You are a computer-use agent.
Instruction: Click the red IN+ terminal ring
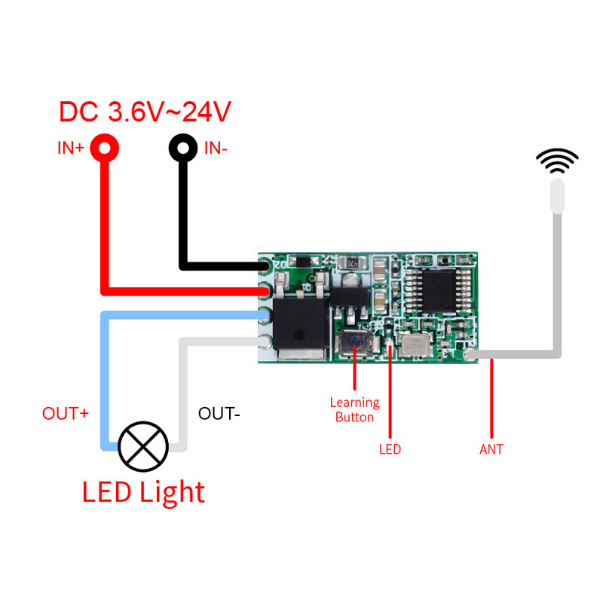coord(104,146)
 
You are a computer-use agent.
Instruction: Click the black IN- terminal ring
coord(182,146)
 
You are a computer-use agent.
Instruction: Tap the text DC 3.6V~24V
coord(145,112)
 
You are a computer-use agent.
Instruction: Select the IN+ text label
coord(71,148)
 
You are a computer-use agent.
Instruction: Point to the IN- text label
coord(216,148)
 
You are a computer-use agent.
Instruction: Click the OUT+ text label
coord(66,414)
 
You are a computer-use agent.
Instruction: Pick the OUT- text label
coord(219,414)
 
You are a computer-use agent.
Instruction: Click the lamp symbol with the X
coord(143,446)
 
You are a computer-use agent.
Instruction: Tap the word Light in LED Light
coord(172,492)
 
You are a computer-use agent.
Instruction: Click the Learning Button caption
coord(354,410)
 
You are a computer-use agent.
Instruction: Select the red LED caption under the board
coord(390,449)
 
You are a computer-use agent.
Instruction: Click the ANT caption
coord(491,449)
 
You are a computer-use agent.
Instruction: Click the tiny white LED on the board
coord(390,347)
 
